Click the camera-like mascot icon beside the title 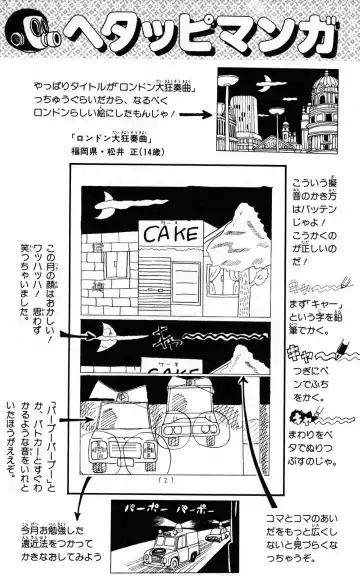coord(30,28)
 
